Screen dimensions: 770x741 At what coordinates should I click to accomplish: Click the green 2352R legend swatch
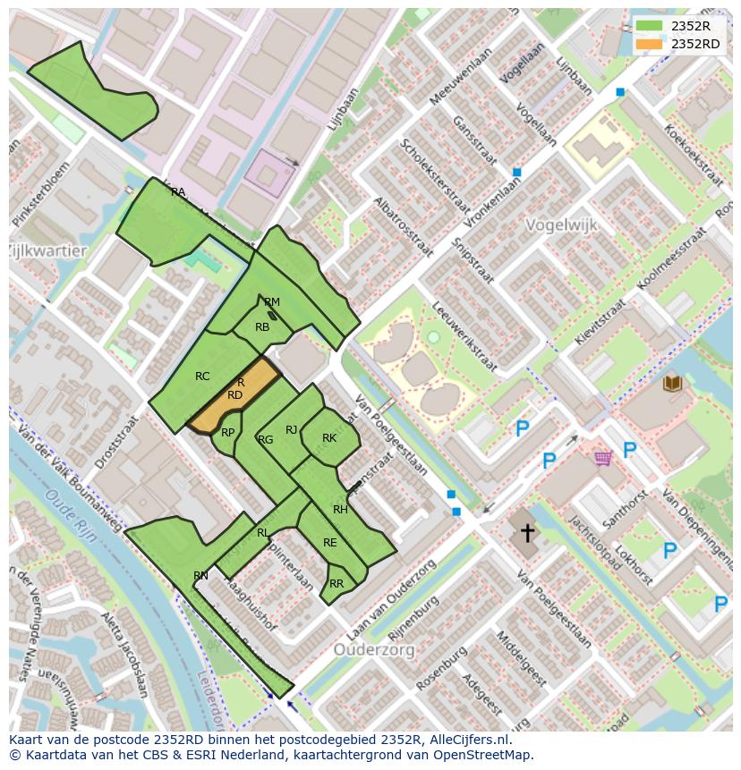(650, 26)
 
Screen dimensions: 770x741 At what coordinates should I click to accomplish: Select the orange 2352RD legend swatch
(650, 44)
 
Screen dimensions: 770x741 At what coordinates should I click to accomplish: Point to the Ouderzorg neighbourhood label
(374, 649)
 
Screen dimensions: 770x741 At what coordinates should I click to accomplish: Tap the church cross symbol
(528, 533)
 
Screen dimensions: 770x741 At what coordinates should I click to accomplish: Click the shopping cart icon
(603, 458)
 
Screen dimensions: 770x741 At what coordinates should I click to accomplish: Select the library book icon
(672, 384)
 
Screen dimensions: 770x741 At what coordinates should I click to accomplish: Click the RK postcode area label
(329, 438)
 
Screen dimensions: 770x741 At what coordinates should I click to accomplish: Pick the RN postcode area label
(200, 576)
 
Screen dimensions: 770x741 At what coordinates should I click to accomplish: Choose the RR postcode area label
(336, 584)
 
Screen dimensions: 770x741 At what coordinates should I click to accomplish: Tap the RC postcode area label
(202, 377)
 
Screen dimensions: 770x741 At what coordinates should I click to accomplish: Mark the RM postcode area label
(272, 302)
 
